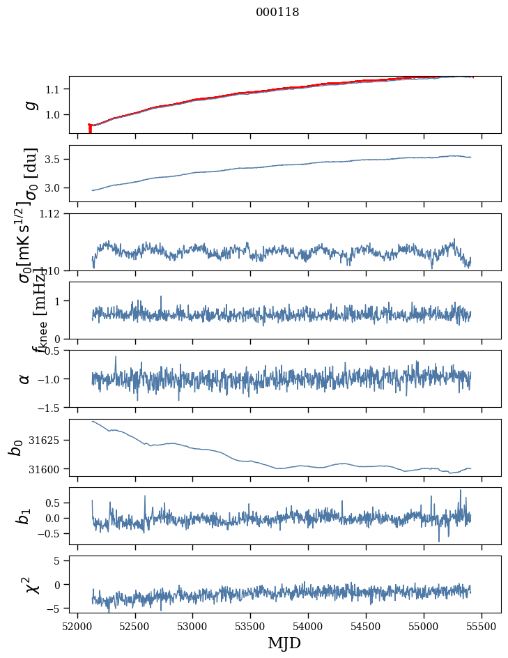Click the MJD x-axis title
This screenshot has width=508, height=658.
tap(284, 643)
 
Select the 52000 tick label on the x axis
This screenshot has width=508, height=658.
tap(77, 626)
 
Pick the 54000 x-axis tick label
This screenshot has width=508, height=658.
tap(308, 626)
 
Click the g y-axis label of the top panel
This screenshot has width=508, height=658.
tap(29, 105)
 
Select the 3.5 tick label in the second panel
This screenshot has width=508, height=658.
tap(54, 160)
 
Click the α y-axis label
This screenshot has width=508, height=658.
tap(25, 378)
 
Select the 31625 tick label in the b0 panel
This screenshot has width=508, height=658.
tap(48, 441)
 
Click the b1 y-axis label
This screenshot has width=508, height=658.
tap(25, 516)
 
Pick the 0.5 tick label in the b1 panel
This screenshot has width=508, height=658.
tap(54, 503)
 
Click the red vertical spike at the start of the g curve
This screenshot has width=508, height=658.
tap(90, 129)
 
